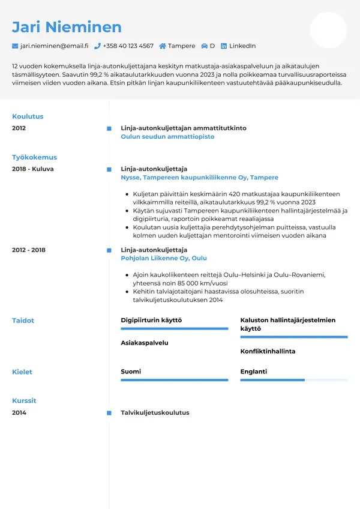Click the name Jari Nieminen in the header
(x=67, y=27)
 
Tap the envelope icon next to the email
(x=15, y=46)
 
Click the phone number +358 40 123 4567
(x=128, y=46)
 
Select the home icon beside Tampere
(x=163, y=46)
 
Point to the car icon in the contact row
(x=205, y=46)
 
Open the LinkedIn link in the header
(x=242, y=46)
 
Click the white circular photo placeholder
(x=328, y=30)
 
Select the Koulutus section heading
(x=28, y=116)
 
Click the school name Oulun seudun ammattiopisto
(x=167, y=137)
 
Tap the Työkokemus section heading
(x=34, y=157)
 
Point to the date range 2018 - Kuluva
(x=33, y=169)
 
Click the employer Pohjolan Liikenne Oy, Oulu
(x=164, y=258)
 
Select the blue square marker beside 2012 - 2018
(x=109, y=250)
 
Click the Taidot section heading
(x=23, y=321)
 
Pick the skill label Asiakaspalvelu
(x=145, y=343)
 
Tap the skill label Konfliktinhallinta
(x=268, y=351)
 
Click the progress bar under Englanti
(x=294, y=380)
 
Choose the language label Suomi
(x=131, y=372)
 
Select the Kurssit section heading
(x=24, y=400)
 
